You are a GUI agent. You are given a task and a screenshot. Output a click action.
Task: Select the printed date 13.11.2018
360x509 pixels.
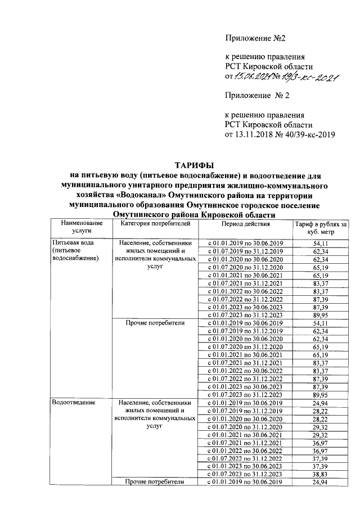coord(254,135)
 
